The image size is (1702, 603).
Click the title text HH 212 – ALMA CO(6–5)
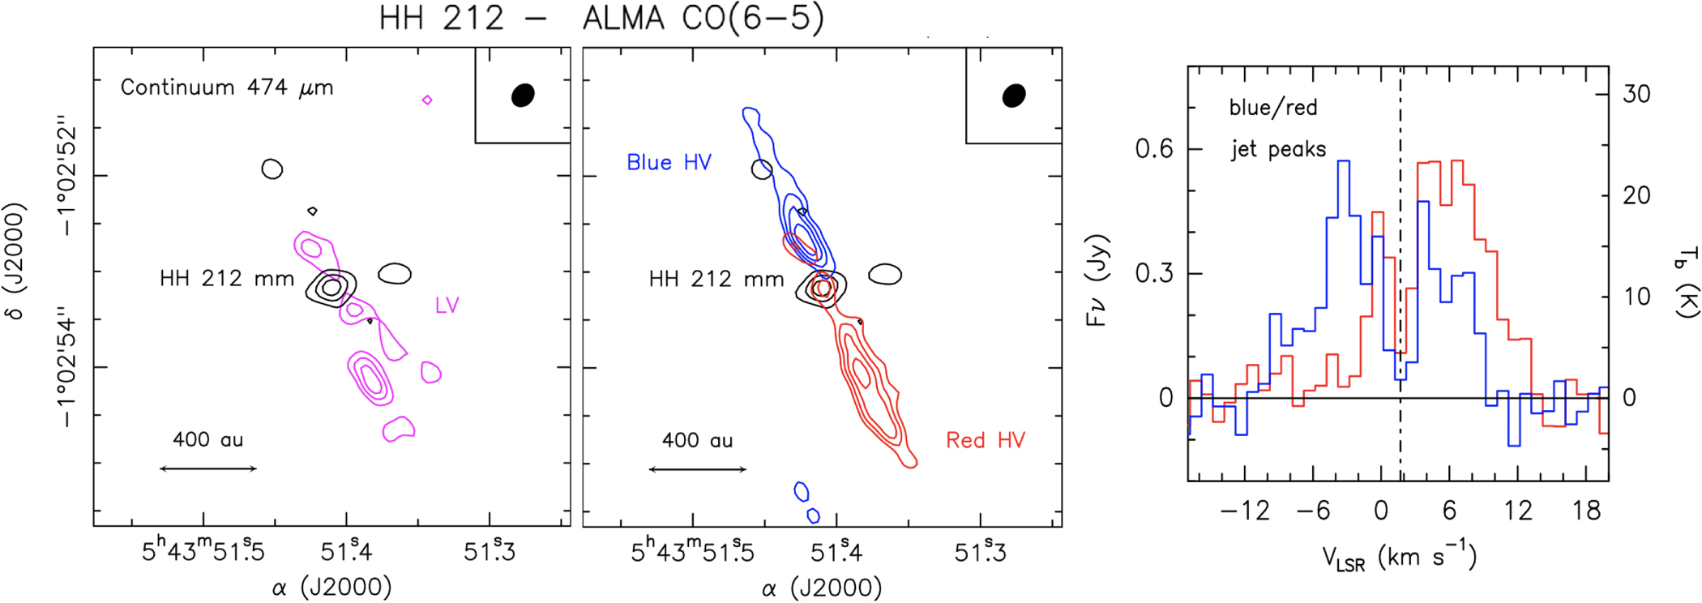click(601, 18)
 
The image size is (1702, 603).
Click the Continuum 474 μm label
click(227, 88)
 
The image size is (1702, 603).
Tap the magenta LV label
click(447, 306)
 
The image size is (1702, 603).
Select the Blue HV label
click(669, 163)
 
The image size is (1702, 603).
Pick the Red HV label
click(986, 440)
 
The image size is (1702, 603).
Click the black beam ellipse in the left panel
click(524, 95)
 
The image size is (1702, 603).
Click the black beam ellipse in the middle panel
click(1014, 95)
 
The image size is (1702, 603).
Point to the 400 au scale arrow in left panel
click(208, 468)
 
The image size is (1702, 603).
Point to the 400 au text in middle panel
click(697, 441)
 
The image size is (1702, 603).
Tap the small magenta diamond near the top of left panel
click(427, 100)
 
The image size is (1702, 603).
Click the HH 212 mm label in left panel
click(227, 279)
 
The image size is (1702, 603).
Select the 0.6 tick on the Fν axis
click(1153, 149)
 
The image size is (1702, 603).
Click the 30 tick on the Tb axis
click(1636, 94)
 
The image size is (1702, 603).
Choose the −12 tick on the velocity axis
click(1244, 511)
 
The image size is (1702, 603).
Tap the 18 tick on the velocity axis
click(1586, 511)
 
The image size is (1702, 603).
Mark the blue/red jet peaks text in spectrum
click(1276, 128)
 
